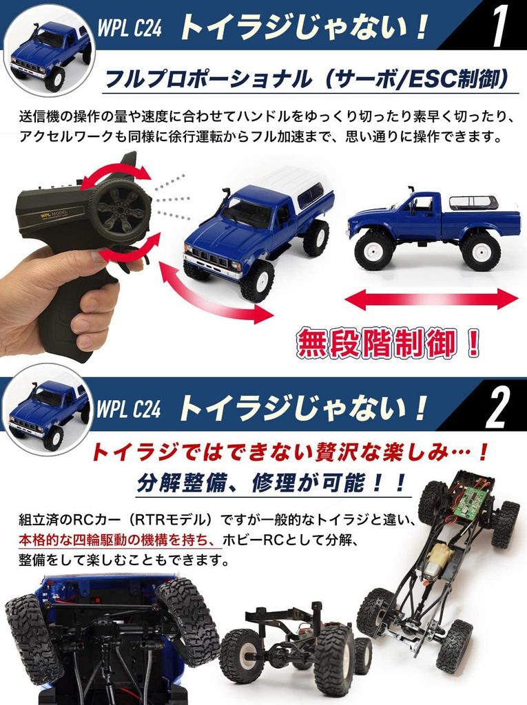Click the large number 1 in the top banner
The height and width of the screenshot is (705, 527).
tap(499, 27)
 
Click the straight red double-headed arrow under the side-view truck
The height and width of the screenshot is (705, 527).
tap(431, 299)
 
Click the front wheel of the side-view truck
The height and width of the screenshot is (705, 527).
tap(373, 251)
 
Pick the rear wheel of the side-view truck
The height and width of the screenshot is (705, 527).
tap(481, 251)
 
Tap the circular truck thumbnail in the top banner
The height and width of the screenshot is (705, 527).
tap(49, 49)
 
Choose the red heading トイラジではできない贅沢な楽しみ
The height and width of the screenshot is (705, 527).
tap(289, 452)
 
